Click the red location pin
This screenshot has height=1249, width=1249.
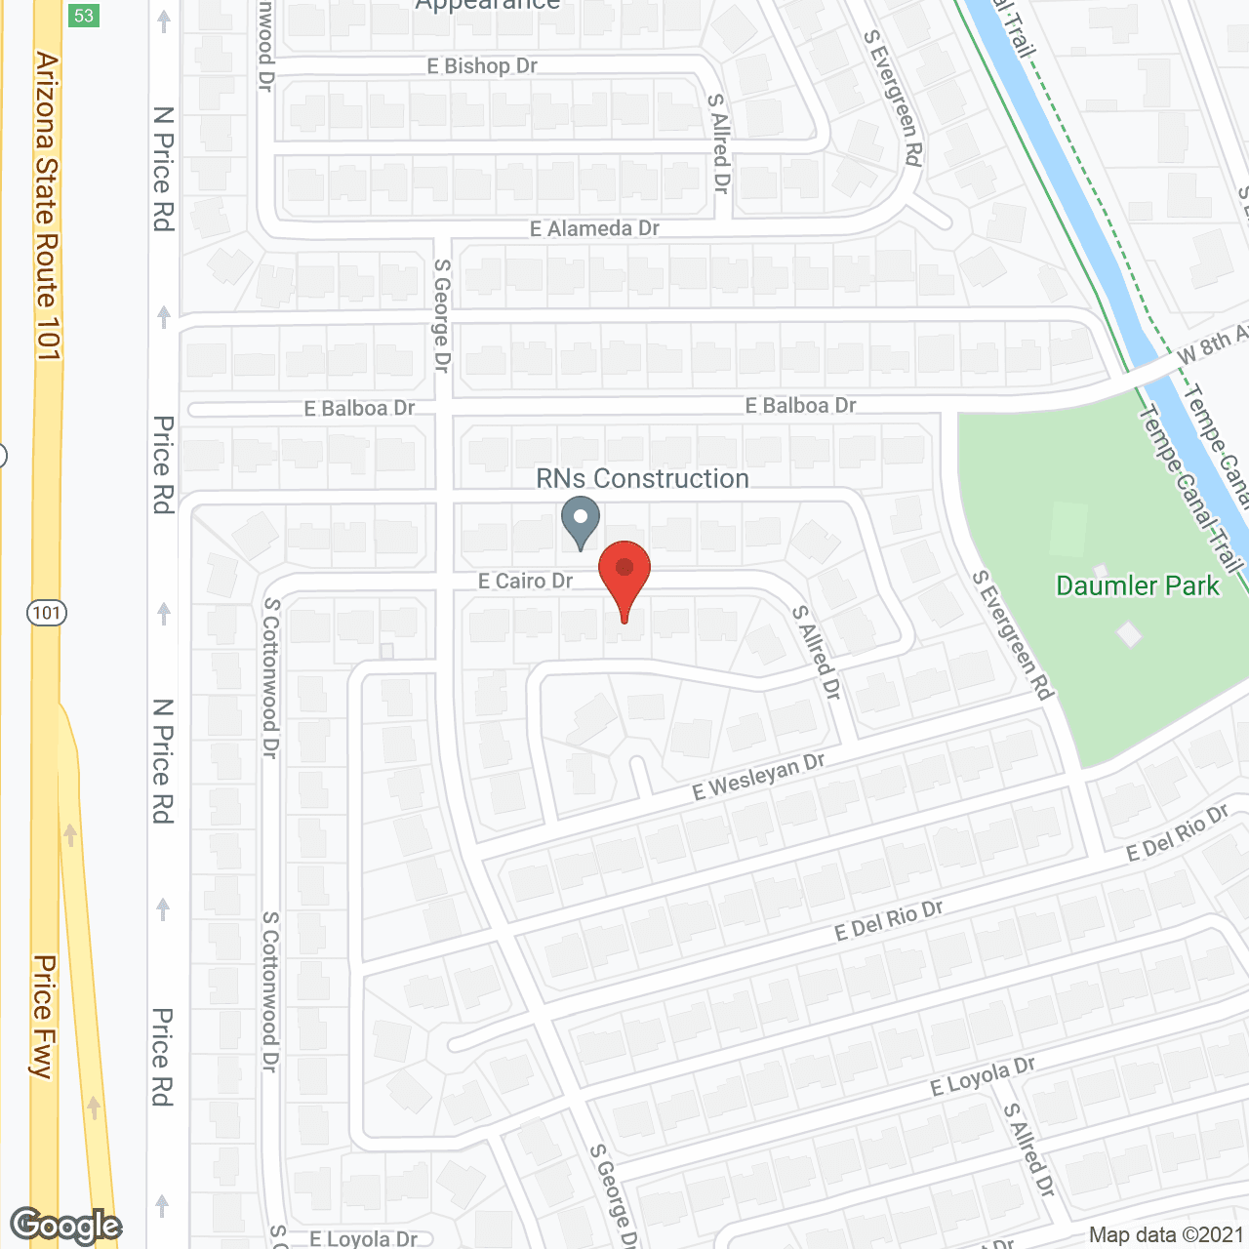point(624,576)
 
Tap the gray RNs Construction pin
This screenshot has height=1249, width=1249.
point(581,520)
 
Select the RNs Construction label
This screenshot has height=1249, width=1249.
point(642,478)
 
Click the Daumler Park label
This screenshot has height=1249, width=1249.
point(1138,585)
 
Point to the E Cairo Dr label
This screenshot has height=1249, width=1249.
point(525,581)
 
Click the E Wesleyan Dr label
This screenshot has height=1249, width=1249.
point(758,777)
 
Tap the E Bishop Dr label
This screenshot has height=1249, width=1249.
point(482,66)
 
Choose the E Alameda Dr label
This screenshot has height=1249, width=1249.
point(594,228)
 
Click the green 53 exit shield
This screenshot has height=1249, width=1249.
point(84,16)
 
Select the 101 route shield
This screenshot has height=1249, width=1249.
point(46,613)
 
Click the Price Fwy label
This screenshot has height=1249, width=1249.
point(44,1016)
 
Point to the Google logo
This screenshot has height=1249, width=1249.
point(66,1226)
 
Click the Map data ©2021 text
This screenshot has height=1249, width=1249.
point(1166,1234)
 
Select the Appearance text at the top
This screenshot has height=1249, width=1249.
point(488,6)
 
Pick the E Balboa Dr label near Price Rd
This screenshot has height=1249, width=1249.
point(359,408)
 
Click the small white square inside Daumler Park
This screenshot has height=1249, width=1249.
point(1129,634)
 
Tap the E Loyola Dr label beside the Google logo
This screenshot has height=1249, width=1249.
point(363,1238)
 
